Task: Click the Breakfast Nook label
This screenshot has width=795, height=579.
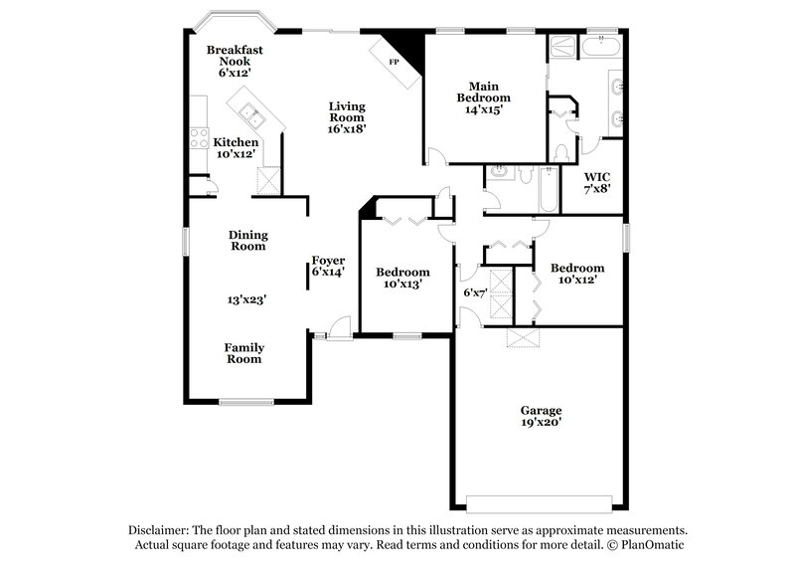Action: coord(235,61)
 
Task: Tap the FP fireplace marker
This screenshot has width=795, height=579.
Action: coord(394,62)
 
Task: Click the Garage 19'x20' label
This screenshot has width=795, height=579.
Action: coord(542,416)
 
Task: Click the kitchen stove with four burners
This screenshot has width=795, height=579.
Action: coord(199,138)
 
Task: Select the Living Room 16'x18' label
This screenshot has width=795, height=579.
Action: coord(348,117)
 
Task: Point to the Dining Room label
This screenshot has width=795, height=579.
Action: coord(248,241)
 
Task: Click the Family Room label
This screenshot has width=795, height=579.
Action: coord(243,353)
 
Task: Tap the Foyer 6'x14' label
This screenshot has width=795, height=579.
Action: coord(328,266)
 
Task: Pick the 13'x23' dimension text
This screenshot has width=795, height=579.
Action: coord(246,297)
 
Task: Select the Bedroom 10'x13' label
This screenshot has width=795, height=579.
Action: coord(402,278)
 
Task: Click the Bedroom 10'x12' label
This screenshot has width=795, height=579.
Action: coord(577,274)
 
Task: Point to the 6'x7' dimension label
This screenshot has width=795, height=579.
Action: coord(475,292)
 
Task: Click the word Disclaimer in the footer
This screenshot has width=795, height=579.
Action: coord(159,530)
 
